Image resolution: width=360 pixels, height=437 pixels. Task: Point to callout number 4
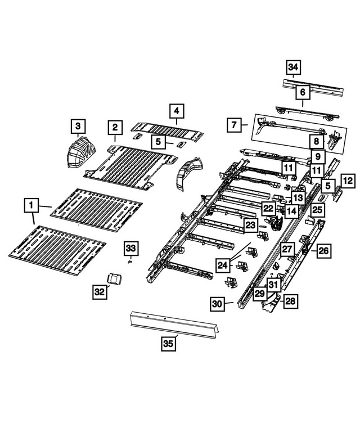[176, 111]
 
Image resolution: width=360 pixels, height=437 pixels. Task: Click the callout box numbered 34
[292, 68]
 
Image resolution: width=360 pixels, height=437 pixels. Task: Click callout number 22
[268, 208]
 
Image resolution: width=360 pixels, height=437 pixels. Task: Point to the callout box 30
[218, 304]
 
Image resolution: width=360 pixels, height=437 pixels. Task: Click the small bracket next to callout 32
[115, 278]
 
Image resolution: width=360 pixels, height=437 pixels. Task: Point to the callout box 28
[290, 302]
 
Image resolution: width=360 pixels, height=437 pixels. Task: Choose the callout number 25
[318, 210]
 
